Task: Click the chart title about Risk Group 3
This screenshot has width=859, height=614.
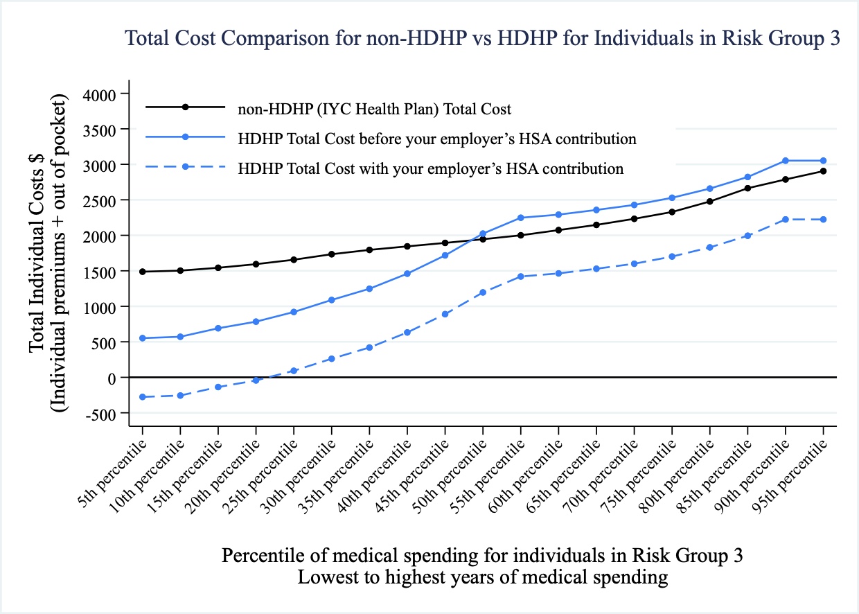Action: click(x=482, y=39)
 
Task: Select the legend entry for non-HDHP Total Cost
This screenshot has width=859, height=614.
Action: click(x=374, y=109)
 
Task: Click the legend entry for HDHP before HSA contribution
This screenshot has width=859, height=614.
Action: click(x=436, y=139)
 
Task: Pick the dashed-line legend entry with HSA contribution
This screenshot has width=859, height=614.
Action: click(x=430, y=168)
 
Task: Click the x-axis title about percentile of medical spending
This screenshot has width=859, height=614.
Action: click(x=483, y=556)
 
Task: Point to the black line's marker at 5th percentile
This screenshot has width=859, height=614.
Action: click(x=143, y=272)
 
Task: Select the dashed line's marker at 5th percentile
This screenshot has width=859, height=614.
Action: click(x=143, y=397)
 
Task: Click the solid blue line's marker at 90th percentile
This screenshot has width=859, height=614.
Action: click(x=786, y=161)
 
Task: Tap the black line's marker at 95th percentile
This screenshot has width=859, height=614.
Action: click(x=824, y=171)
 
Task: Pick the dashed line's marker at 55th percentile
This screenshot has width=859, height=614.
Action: click(x=521, y=277)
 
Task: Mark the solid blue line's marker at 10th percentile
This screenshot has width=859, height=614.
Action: click(x=181, y=337)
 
